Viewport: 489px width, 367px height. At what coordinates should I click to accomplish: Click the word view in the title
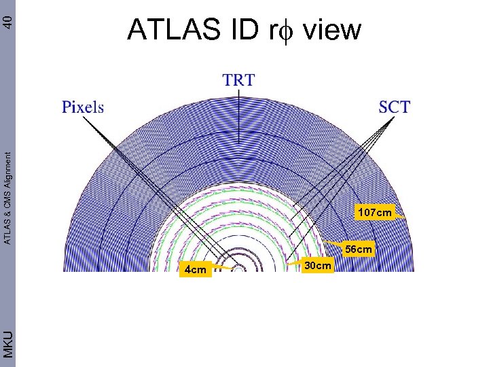(333, 30)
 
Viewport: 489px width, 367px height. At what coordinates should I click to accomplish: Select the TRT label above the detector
(238, 80)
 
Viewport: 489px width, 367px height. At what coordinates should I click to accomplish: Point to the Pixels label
(83, 107)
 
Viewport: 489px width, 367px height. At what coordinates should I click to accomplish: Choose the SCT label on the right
(395, 107)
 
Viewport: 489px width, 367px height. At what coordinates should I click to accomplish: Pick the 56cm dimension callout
(359, 249)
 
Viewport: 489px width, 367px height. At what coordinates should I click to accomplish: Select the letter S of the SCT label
(384, 107)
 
